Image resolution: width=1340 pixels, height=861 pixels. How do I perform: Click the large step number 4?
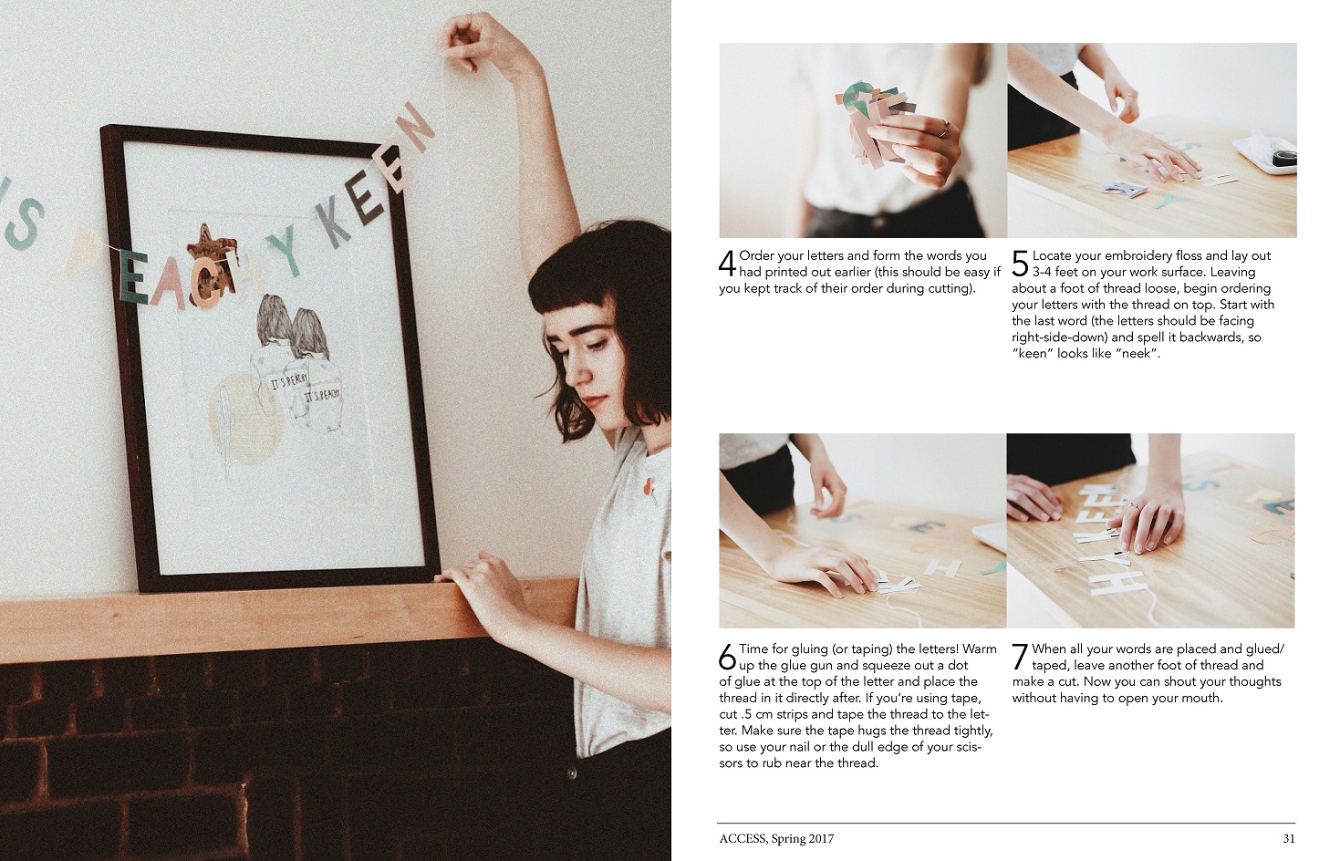727,264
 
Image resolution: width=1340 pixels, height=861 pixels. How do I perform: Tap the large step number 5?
1021,264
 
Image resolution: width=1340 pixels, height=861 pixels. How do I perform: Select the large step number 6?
727,657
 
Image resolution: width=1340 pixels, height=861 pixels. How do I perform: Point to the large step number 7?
1020,657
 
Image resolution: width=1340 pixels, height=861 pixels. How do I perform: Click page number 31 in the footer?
1289,839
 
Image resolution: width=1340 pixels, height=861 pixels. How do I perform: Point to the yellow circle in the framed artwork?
245,419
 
